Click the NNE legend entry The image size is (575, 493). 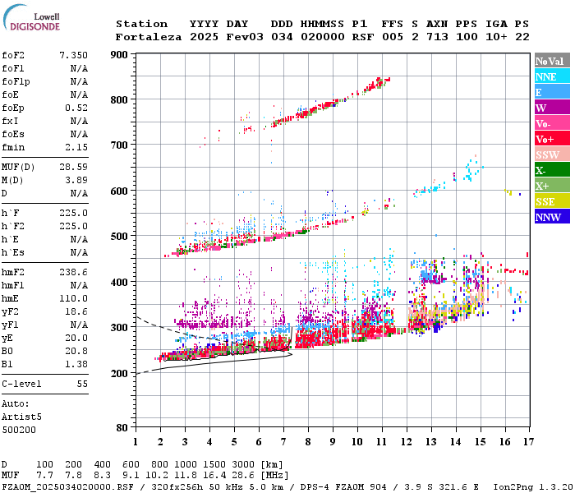coord(551,76)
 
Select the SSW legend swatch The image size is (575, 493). coord(551,154)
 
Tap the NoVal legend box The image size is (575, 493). coord(551,61)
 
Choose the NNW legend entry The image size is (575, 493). coord(551,217)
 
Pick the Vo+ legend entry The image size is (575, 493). coord(551,139)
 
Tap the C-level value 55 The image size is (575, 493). coord(82,384)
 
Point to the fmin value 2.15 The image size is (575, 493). coord(76,147)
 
